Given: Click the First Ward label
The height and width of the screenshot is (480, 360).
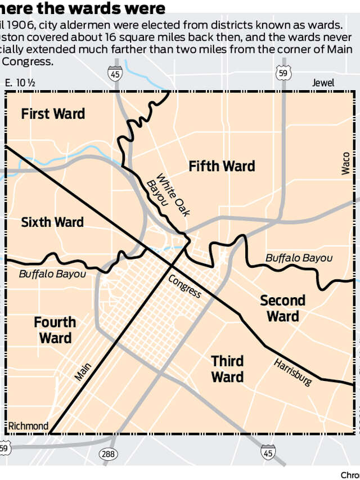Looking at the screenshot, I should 53,114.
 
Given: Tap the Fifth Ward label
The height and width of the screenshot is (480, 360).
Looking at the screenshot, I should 222,166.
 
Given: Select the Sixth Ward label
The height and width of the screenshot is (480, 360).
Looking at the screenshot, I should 52,222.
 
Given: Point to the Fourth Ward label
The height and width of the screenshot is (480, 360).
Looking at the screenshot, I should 55,330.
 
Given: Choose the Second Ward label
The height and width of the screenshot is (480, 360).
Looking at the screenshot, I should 282,308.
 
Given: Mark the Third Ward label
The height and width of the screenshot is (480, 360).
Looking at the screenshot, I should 227,369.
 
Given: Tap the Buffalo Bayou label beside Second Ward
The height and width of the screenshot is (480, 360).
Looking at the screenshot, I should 299,258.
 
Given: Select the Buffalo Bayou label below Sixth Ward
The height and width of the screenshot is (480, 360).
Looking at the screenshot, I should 52,273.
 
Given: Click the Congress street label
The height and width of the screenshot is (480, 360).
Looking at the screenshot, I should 184,286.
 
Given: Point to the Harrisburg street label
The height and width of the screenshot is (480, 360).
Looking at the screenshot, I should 293,371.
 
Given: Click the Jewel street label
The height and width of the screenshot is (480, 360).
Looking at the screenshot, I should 323,83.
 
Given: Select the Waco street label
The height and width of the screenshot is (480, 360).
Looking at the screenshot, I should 346,163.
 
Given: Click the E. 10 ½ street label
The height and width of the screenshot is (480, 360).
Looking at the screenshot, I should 20,83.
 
